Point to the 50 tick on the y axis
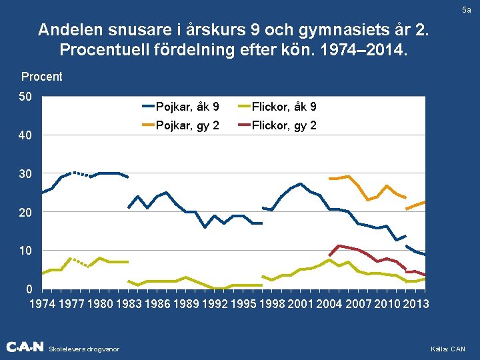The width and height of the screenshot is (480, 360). [x=25, y=97]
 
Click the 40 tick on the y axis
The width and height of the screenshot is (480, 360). [x=25, y=136]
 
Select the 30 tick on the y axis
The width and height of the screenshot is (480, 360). [x=25, y=174]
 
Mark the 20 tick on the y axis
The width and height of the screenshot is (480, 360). [x=25, y=213]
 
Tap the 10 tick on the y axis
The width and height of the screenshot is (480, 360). [x=25, y=251]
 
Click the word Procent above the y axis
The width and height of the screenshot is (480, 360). [x=42, y=77]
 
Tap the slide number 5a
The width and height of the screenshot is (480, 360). [x=465, y=11]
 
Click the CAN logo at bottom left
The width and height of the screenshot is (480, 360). [x=25, y=347]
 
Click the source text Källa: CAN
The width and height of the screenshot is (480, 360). [x=449, y=349]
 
